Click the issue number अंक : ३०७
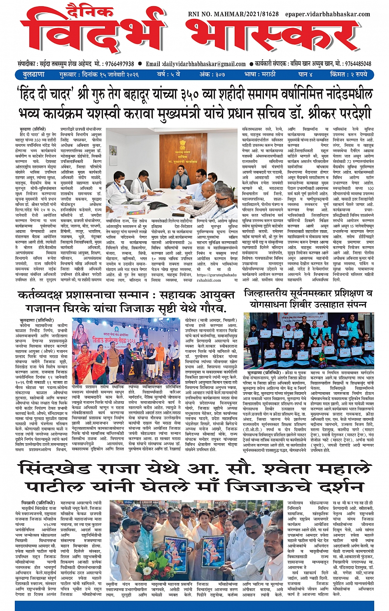pos(212,75)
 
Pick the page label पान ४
pos(306,75)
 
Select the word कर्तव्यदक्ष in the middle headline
pos(45,296)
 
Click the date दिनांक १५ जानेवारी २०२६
pos(110,75)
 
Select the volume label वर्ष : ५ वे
pos(168,75)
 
